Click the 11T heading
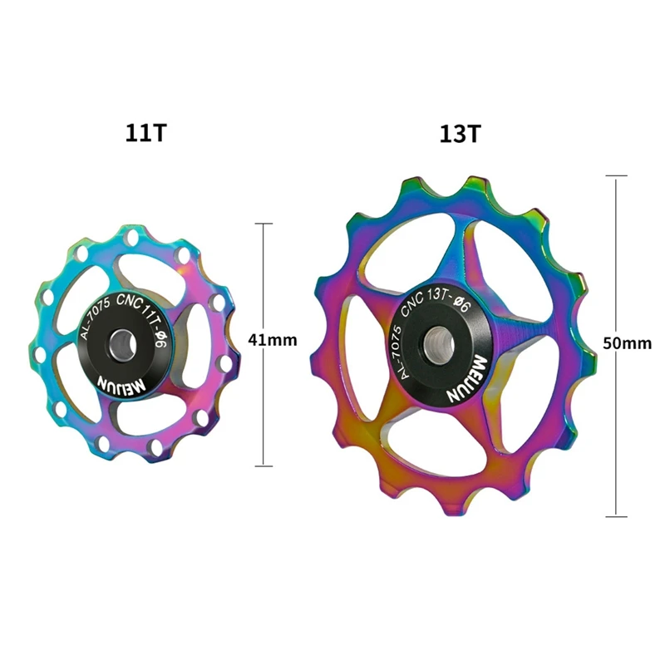click(146, 133)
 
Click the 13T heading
click(461, 134)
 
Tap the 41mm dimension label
click(273, 340)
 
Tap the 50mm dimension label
click(628, 342)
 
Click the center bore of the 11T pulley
click(123, 342)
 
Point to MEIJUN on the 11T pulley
click(121, 383)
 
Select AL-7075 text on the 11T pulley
click(95, 318)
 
